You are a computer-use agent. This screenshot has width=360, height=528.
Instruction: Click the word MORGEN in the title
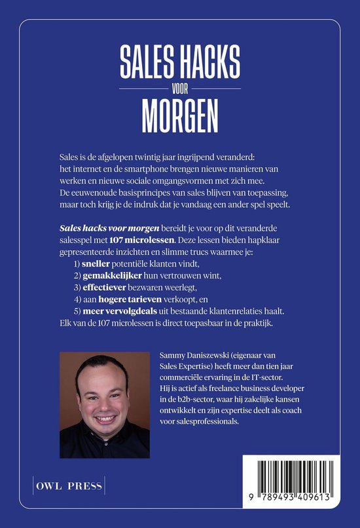(179, 117)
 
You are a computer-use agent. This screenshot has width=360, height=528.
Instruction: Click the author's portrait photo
(104, 404)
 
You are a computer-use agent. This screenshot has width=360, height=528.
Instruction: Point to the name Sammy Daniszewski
(196, 354)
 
